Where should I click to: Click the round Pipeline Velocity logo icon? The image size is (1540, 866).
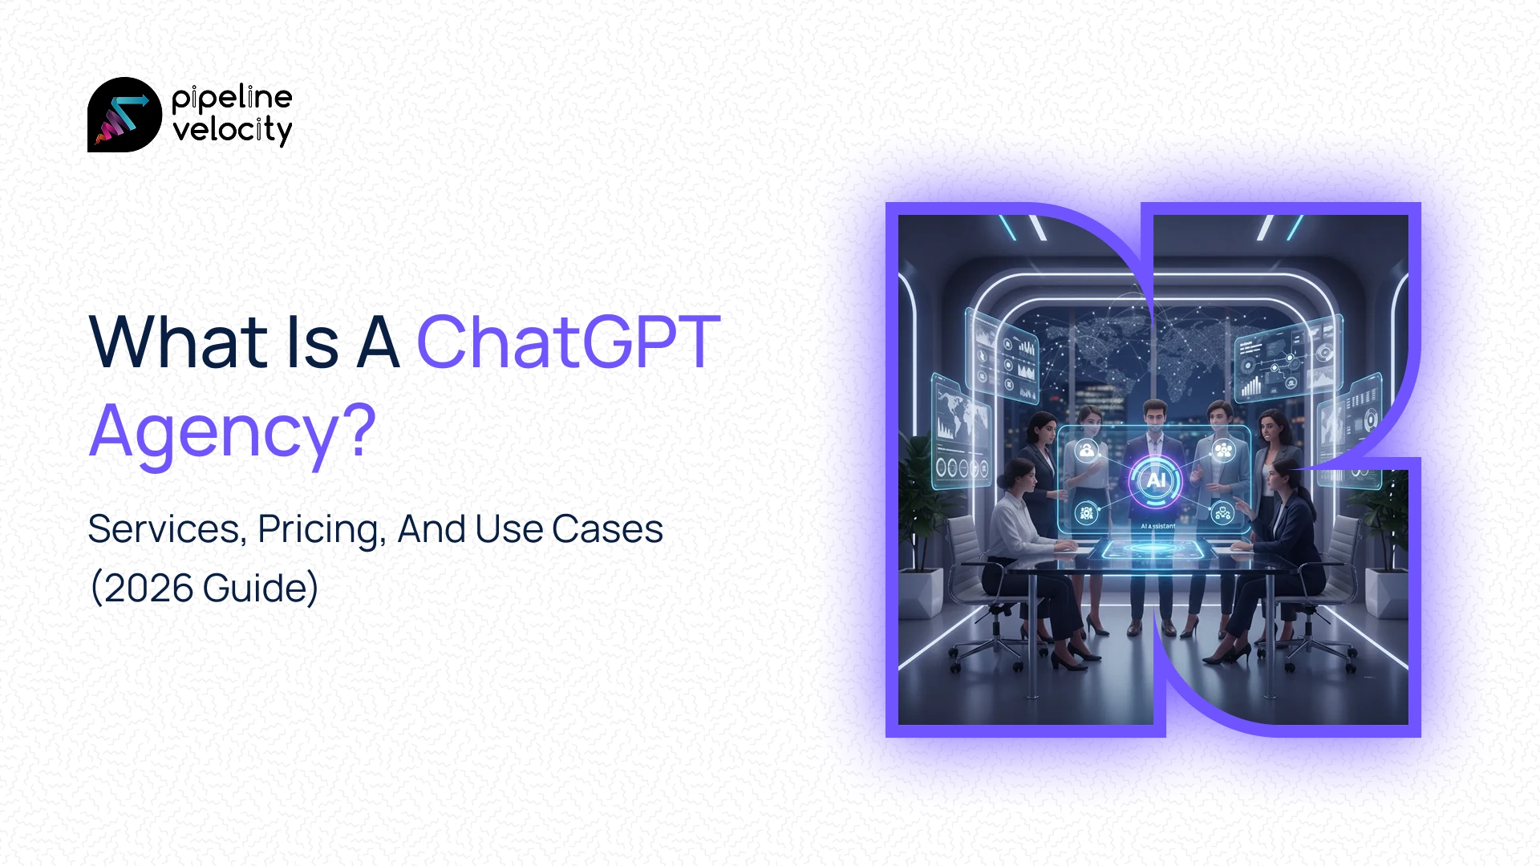click(x=124, y=115)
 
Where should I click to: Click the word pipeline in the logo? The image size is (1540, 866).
click(x=232, y=98)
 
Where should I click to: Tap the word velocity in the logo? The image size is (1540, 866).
click(x=232, y=130)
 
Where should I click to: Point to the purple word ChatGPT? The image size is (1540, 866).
click(x=568, y=342)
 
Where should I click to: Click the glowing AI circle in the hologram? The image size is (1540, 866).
click(x=1155, y=480)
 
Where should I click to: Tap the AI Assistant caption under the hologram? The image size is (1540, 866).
click(x=1157, y=526)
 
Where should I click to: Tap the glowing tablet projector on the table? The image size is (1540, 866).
click(x=1153, y=550)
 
